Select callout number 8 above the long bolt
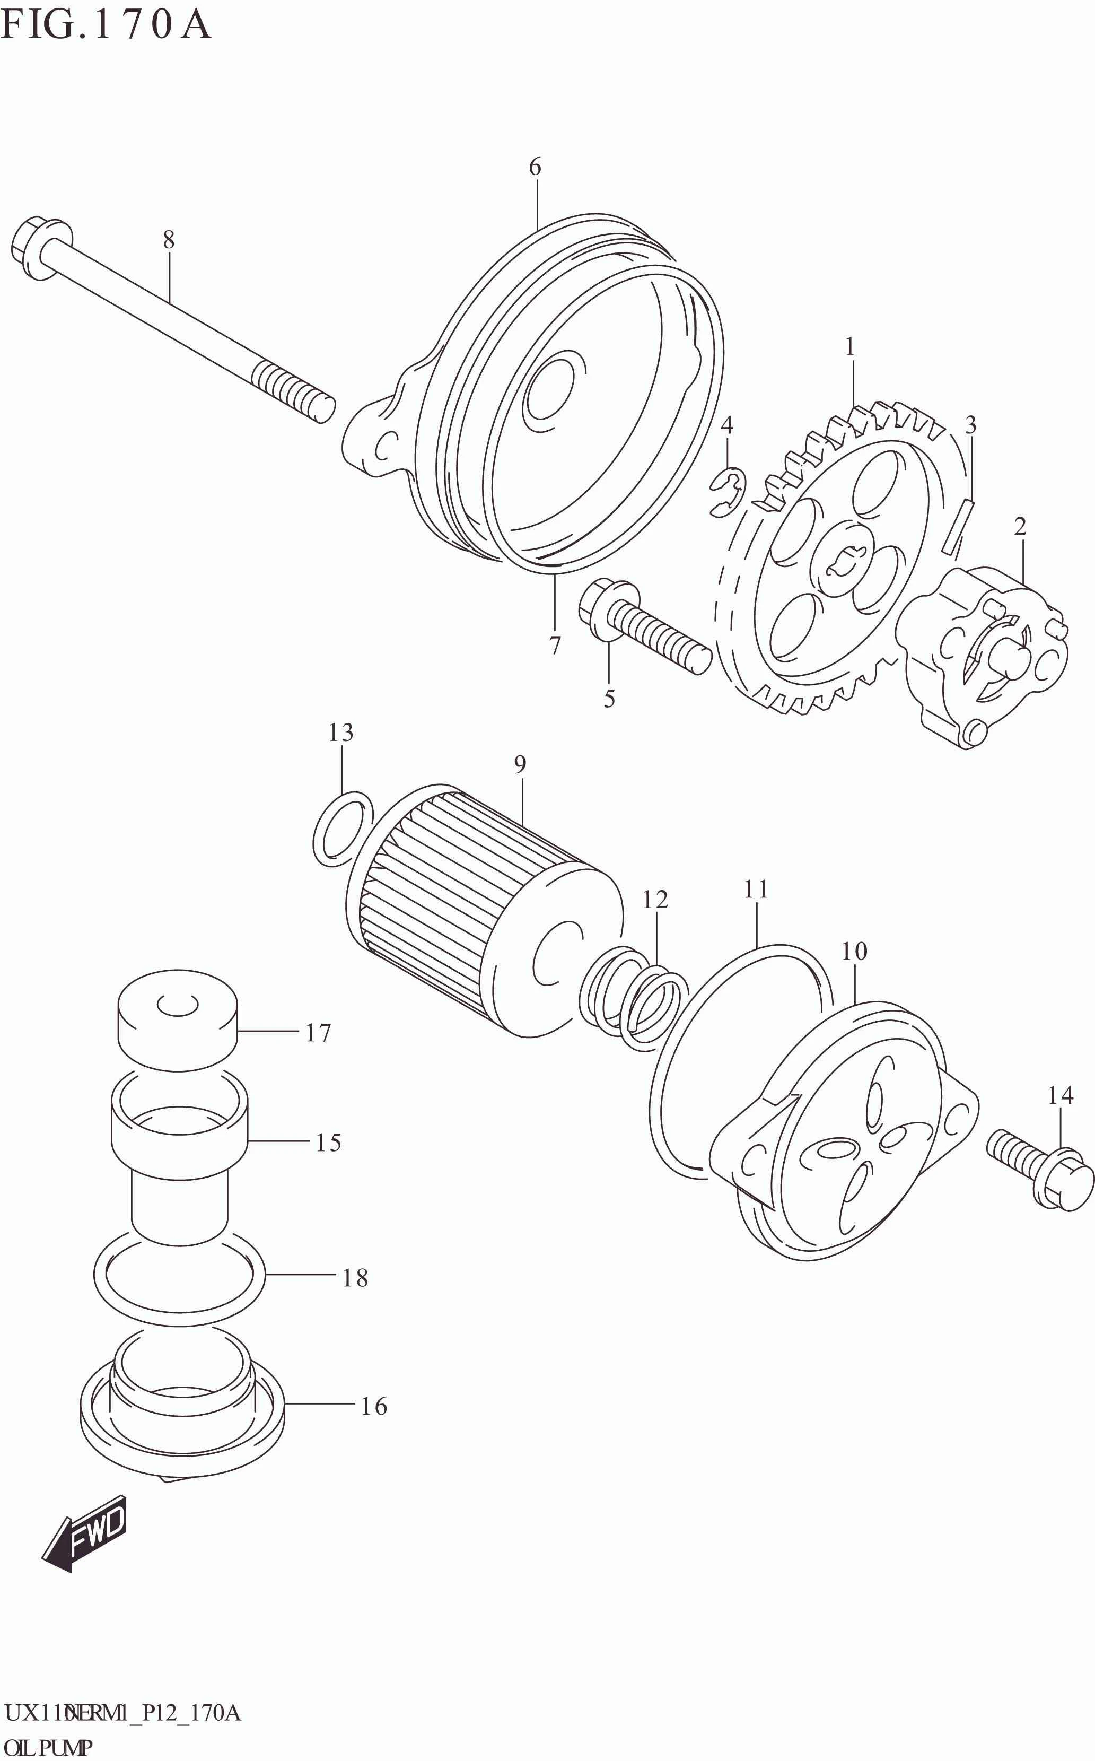click(x=168, y=240)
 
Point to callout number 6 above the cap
click(x=535, y=167)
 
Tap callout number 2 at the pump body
click(x=1020, y=527)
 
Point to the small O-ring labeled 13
click(x=343, y=828)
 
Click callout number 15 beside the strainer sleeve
click(x=328, y=1143)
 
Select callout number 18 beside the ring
click(x=355, y=1278)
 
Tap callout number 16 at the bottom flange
click(x=374, y=1406)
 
